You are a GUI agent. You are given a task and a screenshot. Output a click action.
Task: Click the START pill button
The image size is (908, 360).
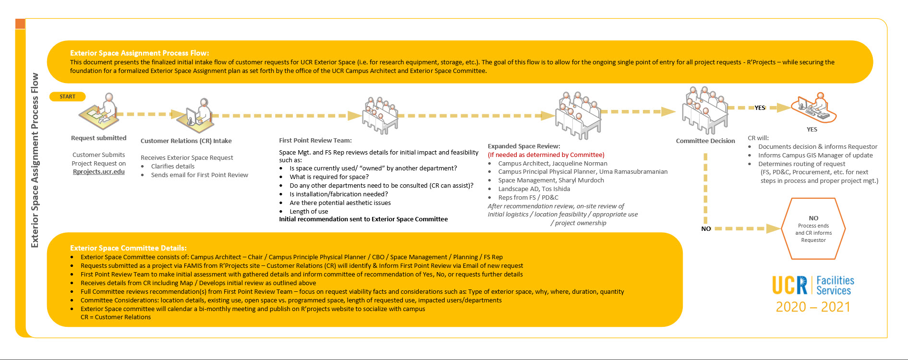point(67,96)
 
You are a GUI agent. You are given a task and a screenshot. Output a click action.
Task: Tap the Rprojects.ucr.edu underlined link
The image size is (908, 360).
point(99,172)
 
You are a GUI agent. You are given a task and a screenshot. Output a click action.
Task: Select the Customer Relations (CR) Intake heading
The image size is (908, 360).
point(186,141)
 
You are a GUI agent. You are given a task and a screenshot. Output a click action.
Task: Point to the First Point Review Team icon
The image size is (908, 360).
point(380,115)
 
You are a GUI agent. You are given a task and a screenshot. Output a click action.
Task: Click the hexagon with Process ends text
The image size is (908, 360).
point(813,229)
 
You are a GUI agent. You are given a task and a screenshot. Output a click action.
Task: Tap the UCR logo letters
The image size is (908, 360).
point(790,285)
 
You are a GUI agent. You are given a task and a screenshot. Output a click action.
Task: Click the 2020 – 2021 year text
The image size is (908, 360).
point(813,307)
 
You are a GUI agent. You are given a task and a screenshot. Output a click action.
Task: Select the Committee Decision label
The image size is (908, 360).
point(705,141)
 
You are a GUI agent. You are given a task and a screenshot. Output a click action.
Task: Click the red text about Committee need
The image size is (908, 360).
point(546,155)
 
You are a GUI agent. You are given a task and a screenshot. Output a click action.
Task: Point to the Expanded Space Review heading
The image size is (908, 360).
point(523,146)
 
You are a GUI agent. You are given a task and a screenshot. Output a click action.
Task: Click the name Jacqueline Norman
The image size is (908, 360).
point(580,164)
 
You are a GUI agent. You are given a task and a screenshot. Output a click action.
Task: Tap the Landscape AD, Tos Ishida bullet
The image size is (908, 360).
point(534,189)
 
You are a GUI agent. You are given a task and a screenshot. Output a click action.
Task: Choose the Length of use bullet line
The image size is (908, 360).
point(309,212)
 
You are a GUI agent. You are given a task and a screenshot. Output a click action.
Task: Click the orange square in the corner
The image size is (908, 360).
point(20,24)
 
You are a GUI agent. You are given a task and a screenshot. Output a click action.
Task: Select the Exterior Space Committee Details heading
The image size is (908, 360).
point(128,248)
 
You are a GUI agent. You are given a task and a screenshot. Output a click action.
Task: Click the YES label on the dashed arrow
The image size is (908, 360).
point(760,108)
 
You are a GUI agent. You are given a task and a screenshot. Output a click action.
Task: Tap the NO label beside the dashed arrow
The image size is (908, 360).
point(706,229)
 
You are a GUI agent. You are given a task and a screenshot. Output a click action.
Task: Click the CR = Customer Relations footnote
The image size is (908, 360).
point(116,317)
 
